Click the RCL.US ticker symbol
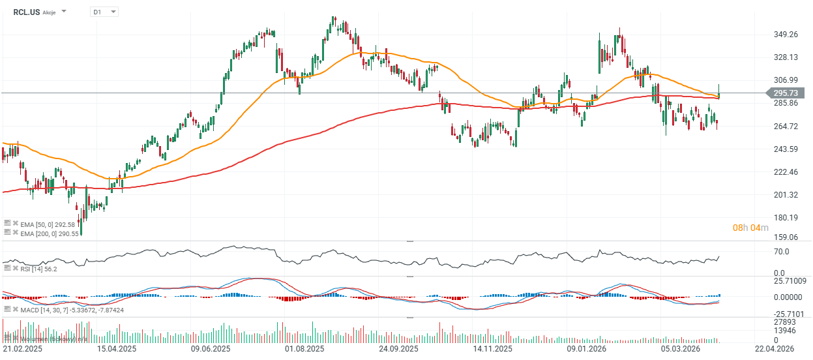click(26, 11)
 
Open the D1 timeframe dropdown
click(104, 12)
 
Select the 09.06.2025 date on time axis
click(210, 350)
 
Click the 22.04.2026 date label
click(774, 350)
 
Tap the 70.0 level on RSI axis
click(781, 252)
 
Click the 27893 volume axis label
click(784, 322)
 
